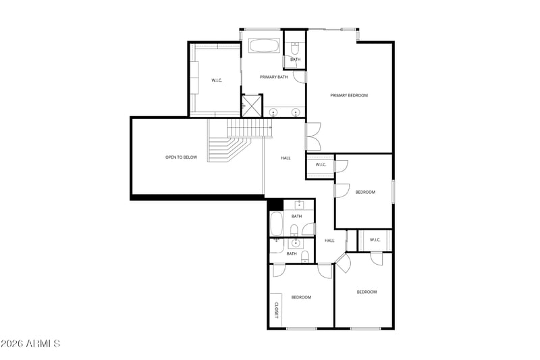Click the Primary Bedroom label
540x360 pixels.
pyautogui.click(x=349, y=95)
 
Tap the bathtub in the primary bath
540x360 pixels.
pyautogui.click(x=264, y=45)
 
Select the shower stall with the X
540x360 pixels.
pyautogui.click(x=252, y=105)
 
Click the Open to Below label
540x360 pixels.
pyautogui.click(x=181, y=157)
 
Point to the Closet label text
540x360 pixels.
pyautogui.click(x=276, y=311)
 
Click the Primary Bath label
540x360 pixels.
pyautogui.click(x=274, y=77)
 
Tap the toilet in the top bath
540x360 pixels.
pyautogui.click(x=295, y=48)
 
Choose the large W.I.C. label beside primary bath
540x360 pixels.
pyautogui.click(x=217, y=80)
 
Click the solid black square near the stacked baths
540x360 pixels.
pyautogui.click(x=275, y=204)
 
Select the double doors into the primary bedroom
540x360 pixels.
pyautogui.click(x=313, y=136)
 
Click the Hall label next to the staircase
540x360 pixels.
pyautogui.click(x=286, y=158)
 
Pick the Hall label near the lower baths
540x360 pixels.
pyautogui.click(x=329, y=241)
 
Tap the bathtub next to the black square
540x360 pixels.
pyautogui.click(x=276, y=224)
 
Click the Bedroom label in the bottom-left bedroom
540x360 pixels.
pyautogui.click(x=301, y=297)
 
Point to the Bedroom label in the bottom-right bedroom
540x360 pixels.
pyautogui.click(x=367, y=292)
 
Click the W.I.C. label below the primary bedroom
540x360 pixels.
pyautogui.click(x=321, y=165)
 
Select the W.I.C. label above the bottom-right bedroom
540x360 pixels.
pyautogui.click(x=375, y=240)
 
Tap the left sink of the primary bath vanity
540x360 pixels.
pyautogui.click(x=273, y=112)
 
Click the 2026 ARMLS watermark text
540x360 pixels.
pyautogui.click(x=30, y=344)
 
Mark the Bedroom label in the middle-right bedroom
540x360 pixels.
pyautogui.click(x=365, y=192)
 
